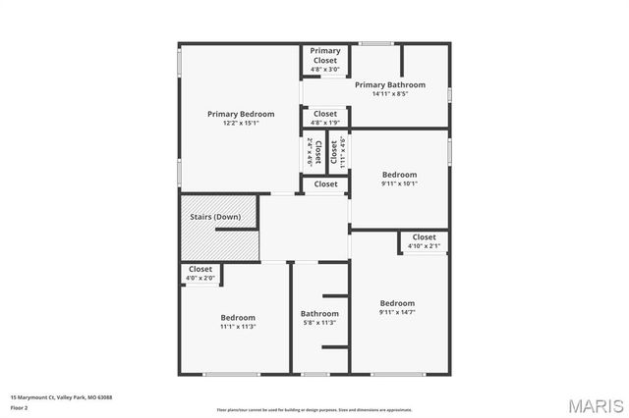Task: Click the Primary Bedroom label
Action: pyautogui.click(x=241, y=114)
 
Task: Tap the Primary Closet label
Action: pyautogui.click(x=325, y=56)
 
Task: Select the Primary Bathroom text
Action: pyautogui.click(x=389, y=84)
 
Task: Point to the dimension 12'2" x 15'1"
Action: pyautogui.click(x=241, y=123)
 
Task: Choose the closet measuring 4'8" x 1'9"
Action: pyautogui.click(x=325, y=118)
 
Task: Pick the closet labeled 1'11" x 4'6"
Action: pyautogui.click(x=338, y=153)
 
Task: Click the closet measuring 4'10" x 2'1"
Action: pyautogui.click(x=424, y=241)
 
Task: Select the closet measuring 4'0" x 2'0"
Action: pyautogui.click(x=200, y=274)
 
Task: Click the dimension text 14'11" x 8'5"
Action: pyautogui.click(x=389, y=94)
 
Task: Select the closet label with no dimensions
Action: pyautogui.click(x=325, y=183)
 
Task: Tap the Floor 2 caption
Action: pyautogui.click(x=21, y=406)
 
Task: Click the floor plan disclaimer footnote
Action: pyautogui.click(x=314, y=409)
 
